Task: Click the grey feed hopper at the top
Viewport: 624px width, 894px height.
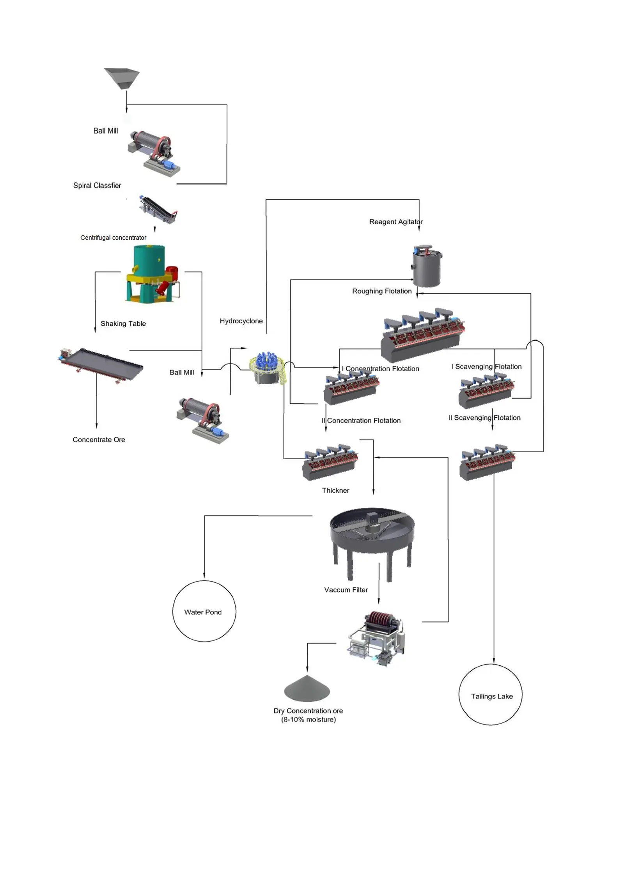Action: tap(122, 78)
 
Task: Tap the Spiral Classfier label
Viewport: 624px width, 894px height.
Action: tap(97, 185)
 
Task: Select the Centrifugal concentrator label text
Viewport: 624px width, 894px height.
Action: tap(113, 238)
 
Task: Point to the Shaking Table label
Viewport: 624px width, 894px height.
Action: tap(123, 323)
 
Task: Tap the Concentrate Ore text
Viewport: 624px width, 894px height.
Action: tap(99, 440)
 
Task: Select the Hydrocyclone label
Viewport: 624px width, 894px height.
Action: tap(241, 321)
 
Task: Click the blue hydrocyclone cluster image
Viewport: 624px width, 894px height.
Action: tap(268, 367)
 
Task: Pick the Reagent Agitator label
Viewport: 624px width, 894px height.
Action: tap(395, 222)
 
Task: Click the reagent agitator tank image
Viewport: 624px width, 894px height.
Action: tap(427, 266)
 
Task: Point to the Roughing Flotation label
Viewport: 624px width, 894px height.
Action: tap(381, 291)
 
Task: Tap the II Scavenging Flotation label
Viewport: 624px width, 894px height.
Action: tap(484, 418)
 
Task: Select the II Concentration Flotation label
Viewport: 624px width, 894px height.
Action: tap(361, 420)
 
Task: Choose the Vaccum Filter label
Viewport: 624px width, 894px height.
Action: tap(346, 590)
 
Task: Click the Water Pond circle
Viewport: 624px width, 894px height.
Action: tap(204, 611)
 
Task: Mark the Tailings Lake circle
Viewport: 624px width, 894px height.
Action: tap(490, 695)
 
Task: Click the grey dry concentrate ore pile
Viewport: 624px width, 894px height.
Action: tap(307, 689)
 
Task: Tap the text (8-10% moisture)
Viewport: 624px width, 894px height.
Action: tap(308, 720)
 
